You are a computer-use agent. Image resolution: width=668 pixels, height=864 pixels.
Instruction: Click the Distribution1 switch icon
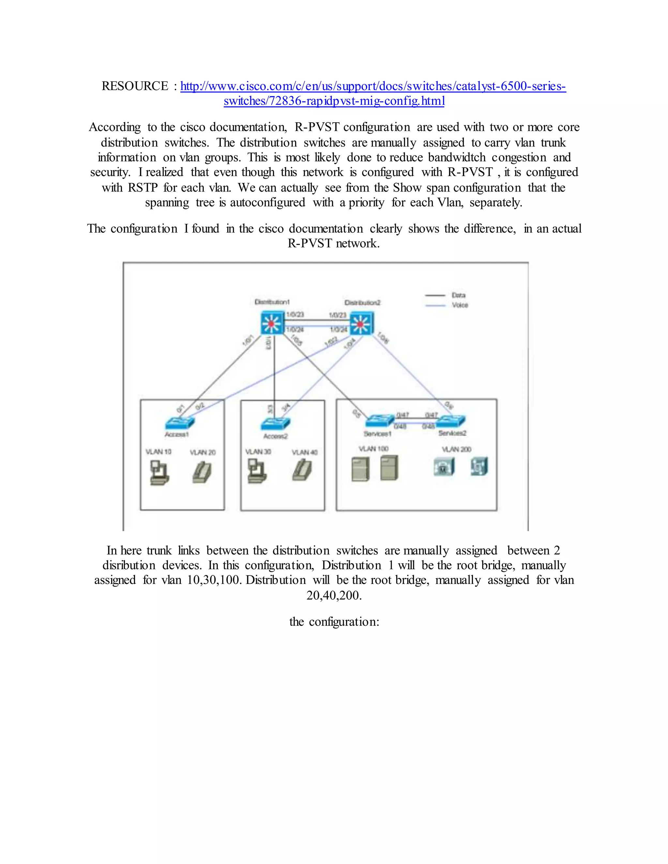[x=272, y=323]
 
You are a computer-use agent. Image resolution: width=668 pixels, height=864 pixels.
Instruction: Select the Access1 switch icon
[x=180, y=423]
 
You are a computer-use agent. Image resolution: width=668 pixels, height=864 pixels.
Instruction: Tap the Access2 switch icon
[x=275, y=424]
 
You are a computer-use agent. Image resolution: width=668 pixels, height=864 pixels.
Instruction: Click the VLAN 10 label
[x=158, y=452]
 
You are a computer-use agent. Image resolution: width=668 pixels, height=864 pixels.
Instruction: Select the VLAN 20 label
[x=203, y=452]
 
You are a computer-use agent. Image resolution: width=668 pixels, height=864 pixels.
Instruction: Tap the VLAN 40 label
[x=304, y=452]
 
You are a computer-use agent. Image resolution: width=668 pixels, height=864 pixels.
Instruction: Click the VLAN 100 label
[x=373, y=449]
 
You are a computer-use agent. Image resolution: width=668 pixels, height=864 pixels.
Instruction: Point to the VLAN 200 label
[x=456, y=449]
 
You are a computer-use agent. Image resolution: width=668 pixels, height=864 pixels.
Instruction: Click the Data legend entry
[x=458, y=295]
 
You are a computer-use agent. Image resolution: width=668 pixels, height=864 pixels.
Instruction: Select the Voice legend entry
[x=460, y=305]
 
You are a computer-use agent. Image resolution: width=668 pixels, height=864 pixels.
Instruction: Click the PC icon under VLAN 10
[x=159, y=473]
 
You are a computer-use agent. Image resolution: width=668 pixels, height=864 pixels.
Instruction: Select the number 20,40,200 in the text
[x=334, y=595]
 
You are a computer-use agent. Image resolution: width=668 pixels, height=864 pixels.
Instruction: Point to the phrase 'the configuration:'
[x=334, y=622]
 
